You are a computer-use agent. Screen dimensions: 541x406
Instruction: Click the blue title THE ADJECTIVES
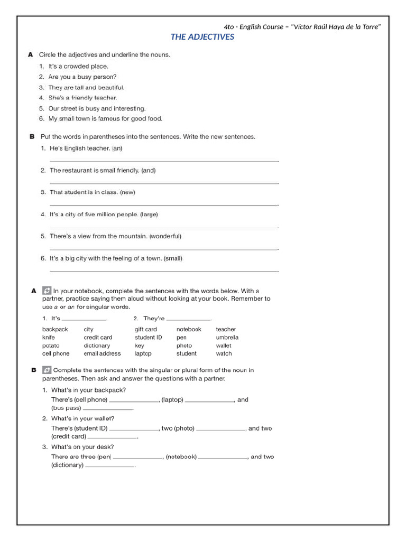point(202,37)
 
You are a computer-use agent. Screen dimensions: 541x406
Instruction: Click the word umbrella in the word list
point(227,337)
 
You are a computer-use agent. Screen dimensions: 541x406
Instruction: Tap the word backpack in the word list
point(55,329)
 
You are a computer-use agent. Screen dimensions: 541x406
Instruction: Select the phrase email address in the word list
point(102,353)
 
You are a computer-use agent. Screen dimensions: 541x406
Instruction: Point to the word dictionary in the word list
point(97,346)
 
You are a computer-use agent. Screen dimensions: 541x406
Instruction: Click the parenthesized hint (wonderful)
point(165,236)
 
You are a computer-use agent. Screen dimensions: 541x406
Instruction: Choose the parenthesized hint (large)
point(149,214)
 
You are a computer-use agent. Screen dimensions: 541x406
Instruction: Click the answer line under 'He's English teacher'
point(164,161)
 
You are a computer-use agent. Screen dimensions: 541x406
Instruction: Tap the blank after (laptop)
point(209,402)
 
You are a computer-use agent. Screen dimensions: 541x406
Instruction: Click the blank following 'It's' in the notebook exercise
point(85,320)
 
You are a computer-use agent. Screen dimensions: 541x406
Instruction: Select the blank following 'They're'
point(189,320)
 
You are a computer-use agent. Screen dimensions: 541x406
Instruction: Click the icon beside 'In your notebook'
point(47,291)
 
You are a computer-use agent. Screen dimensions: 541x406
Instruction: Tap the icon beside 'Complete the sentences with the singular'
point(47,370)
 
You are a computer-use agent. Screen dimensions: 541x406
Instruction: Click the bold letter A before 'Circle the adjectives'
point(31,54)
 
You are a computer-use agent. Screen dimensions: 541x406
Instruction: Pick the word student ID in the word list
point(148,337)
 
